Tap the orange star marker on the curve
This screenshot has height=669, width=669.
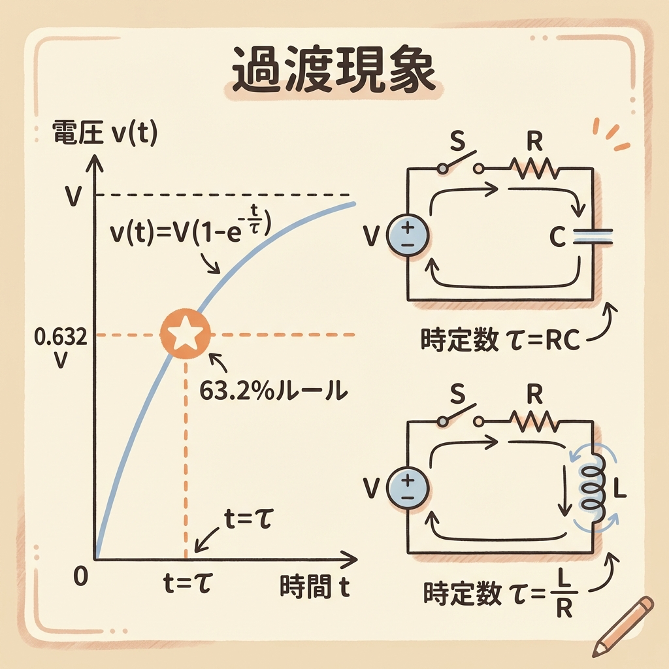[x=186, y=334]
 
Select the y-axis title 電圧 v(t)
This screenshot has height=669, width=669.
[x=105, y=135]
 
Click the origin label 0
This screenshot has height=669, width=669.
[x=81, y=576]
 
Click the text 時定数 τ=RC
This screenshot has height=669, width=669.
[x=502, y=340]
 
